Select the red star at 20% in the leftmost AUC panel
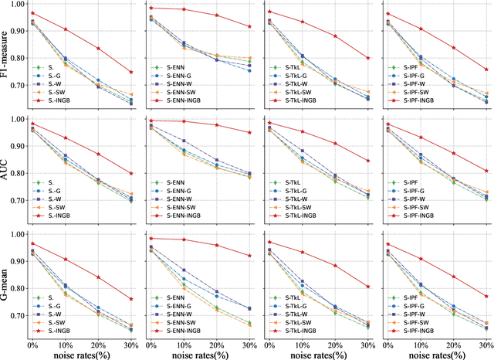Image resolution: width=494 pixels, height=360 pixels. tap(98, 154)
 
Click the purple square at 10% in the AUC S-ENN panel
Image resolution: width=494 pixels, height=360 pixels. tap(183, 141)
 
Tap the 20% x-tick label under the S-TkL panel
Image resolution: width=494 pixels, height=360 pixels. tap(335, 344)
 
